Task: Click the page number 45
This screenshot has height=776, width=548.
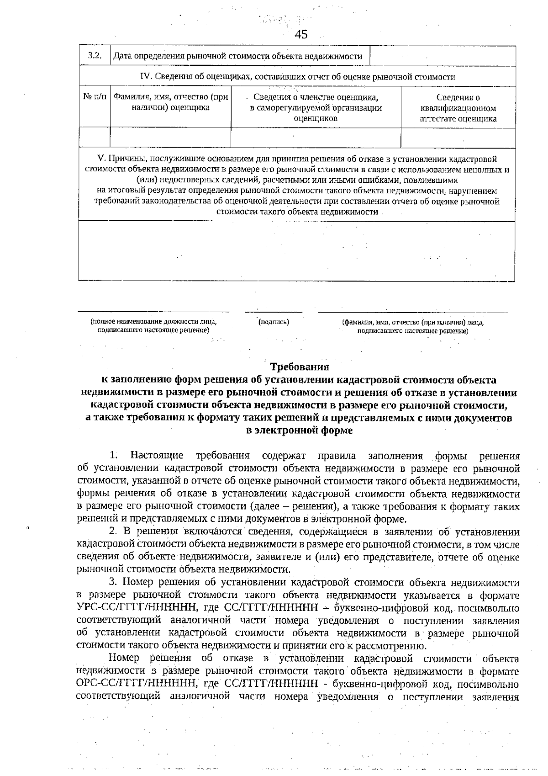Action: point(301,34)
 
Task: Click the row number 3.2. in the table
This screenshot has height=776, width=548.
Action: point(94,56)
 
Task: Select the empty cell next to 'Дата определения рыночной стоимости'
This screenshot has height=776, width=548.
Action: point(442,56)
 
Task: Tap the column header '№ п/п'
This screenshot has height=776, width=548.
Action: point(95,97)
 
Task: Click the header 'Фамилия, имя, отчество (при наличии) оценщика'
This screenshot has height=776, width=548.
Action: point(170,102)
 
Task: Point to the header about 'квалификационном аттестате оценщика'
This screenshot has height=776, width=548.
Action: point(458,108)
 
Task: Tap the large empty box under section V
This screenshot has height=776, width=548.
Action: point(296,250)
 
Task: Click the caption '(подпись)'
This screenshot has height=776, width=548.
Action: point(274,322)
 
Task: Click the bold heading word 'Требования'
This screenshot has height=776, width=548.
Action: point(300,367)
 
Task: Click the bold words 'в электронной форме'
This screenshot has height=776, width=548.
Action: point(299,431)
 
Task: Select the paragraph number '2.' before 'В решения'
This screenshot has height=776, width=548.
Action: point(114,532)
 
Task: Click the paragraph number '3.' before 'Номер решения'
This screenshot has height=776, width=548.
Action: point(113,583)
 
